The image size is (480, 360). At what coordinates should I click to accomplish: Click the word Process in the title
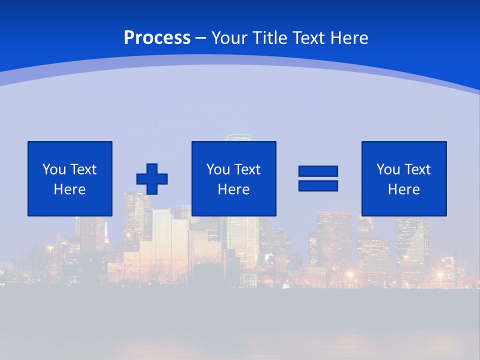tap(157, 38)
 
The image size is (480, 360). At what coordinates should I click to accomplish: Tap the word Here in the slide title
tap(349, 38)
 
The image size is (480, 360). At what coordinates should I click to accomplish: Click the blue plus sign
tap(152, 178)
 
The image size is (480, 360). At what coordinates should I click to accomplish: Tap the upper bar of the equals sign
tap(318, 171)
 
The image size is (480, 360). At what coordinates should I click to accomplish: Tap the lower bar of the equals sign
tap(318, 185)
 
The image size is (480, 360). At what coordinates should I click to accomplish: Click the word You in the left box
tap(53, 169)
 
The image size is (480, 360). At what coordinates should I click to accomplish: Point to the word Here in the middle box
tap(234, 189)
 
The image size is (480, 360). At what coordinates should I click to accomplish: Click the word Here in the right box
tap(404, 189)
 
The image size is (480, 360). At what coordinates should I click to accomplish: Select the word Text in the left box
tap(83, 169)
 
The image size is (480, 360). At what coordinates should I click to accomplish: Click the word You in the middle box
tap(217, 169)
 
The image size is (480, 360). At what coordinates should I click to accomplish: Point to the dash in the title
tap(200, 38)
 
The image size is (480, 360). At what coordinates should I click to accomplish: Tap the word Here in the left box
tap(70, 189)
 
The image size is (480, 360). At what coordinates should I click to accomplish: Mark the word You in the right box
tap(387, 169)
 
